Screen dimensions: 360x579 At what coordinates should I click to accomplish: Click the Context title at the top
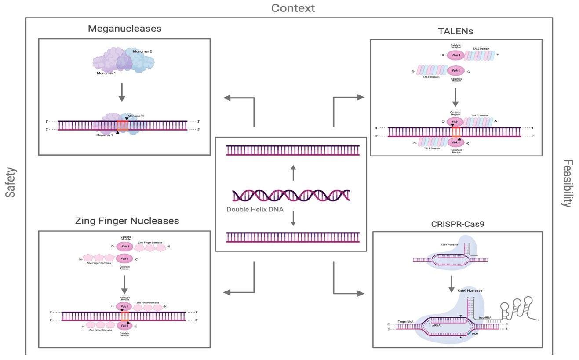click(293, 8)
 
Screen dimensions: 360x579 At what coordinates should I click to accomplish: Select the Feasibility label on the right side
click(568, 183)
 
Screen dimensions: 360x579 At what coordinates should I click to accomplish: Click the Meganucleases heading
click(124, 29)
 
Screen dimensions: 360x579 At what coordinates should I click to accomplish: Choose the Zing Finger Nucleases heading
click(127, 221)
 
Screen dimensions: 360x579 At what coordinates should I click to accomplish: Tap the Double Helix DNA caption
click(255, 210)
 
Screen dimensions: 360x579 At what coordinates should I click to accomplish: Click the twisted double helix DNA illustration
click(291, 195)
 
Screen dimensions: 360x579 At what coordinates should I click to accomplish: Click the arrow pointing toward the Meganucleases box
click(240, 98)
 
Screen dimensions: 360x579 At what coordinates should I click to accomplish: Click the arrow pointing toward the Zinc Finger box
click(240, 292)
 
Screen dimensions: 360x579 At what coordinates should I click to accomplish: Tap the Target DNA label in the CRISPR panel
click(405, 322)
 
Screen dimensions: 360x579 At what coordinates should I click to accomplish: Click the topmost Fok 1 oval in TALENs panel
click(456, 55)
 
